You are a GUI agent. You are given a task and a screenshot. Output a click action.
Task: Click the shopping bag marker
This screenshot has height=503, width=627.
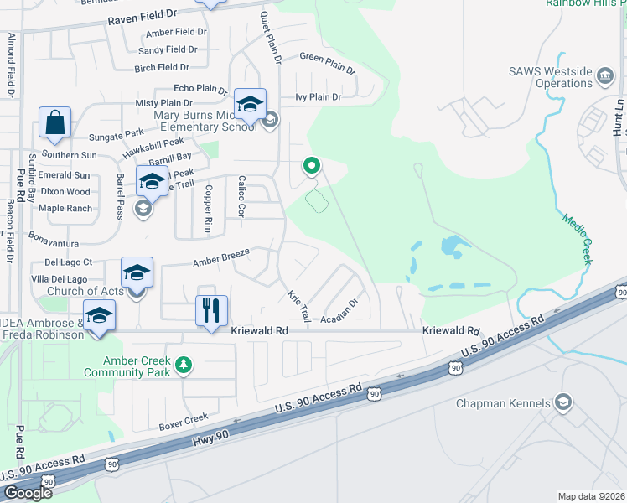coord(54,122)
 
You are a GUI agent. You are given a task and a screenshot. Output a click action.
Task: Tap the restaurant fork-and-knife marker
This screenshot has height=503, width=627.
coord(211,310)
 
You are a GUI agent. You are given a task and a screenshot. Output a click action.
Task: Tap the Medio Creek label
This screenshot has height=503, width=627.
coord(576,235)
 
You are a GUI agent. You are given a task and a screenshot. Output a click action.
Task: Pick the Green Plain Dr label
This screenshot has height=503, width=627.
coord(328,64)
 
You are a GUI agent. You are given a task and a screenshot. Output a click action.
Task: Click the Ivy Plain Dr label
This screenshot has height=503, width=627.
coord(319,97)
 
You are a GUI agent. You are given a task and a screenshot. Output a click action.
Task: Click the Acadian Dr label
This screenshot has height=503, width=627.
coord(340,313)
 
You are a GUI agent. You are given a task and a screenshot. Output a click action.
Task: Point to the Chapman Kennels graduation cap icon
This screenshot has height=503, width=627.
coord(563,403)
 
